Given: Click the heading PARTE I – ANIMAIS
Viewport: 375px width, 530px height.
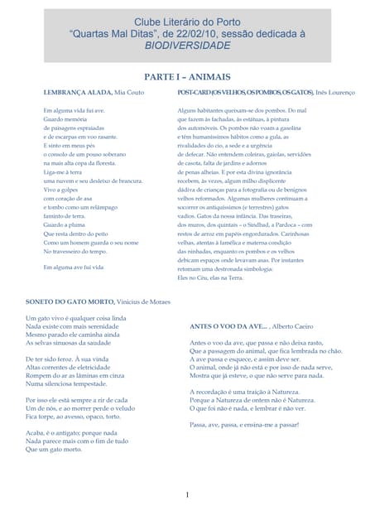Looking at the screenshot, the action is click(x=187, y=75).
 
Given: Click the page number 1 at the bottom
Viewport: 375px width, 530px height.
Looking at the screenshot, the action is click(x=187, y=495).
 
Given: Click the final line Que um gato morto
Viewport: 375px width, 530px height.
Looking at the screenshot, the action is click(x=55, y=449).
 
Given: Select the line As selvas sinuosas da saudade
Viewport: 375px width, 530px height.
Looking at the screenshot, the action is click(x=75, y=342).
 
